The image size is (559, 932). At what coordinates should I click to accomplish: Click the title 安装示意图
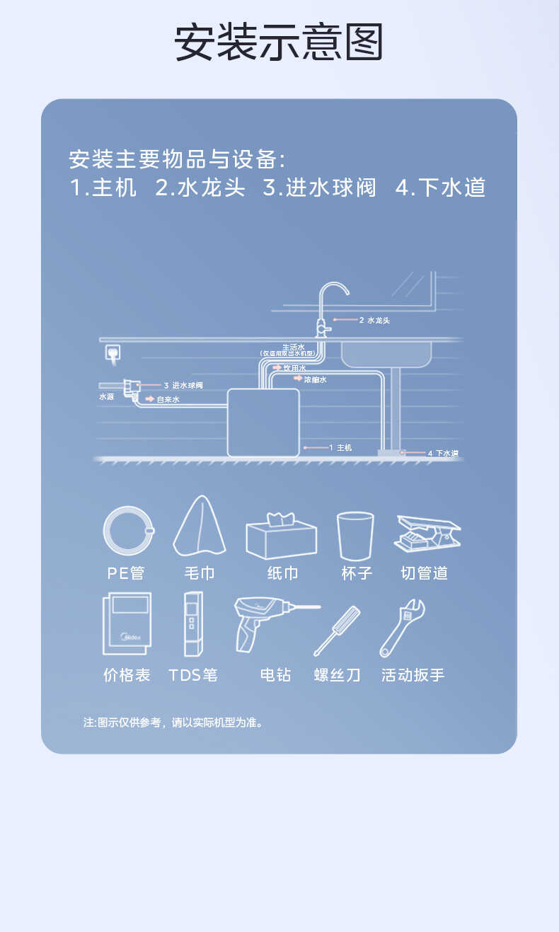tap(279, 42)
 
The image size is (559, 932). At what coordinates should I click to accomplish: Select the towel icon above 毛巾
tap(199, 526)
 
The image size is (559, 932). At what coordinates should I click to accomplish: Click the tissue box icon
tap(281, 536)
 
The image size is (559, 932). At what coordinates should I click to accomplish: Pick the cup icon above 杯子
tap(355, 536)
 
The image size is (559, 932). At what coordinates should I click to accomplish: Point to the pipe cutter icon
tap(427, 534)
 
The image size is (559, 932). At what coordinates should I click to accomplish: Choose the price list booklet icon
tap(127, 623)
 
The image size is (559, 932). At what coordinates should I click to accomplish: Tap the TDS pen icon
tap(192, 623)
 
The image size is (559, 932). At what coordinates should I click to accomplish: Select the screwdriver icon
tap(337, 630)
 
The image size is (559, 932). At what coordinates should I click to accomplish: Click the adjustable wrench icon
tap(402, 628)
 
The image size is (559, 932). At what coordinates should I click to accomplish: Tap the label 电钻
tap(275, 675)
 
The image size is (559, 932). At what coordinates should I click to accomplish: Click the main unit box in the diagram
tap(263, 422)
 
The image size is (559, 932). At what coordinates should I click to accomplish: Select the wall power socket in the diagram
tap(113, 352)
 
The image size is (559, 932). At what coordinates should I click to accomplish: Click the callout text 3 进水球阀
tap(183, 386)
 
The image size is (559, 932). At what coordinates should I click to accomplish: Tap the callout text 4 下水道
tap(443, 453)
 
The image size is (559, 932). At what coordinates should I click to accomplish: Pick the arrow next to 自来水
tap(150, 399)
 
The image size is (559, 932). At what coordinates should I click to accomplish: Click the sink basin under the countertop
tap(386, 353)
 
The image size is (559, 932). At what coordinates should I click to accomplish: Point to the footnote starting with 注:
tap(173, 723)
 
